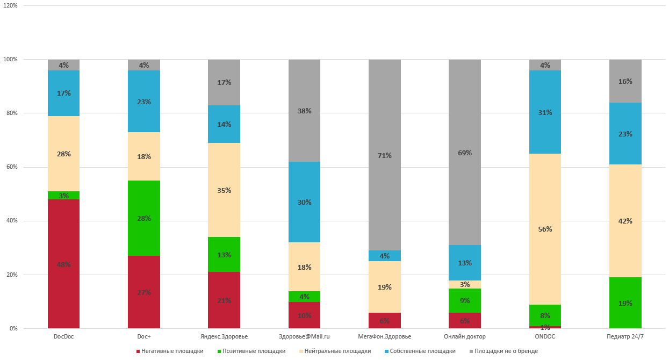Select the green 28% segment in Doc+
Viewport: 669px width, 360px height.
143,218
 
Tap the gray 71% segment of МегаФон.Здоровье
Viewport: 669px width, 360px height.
384,155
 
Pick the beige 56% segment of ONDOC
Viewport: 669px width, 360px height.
545,229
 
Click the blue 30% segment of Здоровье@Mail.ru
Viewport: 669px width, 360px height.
304,202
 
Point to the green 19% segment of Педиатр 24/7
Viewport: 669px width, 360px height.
625,303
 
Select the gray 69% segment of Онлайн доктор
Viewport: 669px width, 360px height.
464,152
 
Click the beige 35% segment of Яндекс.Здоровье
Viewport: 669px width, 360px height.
224,190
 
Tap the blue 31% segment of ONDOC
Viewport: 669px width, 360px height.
545,112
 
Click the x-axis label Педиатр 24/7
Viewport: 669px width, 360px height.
625,337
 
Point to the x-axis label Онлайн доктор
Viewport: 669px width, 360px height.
464,337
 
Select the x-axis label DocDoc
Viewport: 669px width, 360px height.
63,337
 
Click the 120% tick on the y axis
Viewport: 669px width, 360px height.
10,5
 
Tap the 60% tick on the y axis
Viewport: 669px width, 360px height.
11,167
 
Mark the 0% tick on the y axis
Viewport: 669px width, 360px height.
13,328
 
